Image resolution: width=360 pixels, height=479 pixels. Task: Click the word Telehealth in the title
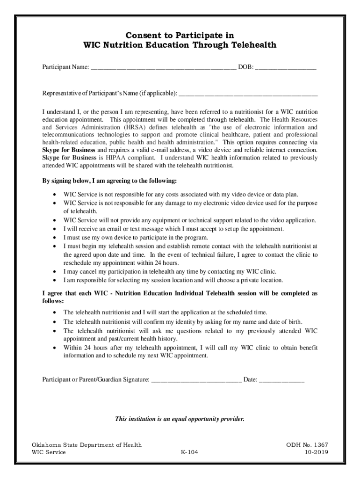(252, 45)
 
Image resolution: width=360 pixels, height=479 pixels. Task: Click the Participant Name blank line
(164, 68)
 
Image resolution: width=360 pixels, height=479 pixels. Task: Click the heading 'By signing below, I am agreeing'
(109, 181)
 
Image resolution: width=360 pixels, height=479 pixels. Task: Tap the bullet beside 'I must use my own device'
(56, 237)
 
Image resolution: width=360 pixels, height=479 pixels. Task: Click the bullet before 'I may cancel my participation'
(56, 271)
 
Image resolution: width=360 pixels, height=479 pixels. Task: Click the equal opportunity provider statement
(180, 419)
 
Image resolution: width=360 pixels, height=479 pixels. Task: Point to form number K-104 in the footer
(189, 452)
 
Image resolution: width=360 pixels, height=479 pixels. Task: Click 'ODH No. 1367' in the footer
(307, 444)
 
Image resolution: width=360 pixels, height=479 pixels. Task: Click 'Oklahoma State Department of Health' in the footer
(86, 444)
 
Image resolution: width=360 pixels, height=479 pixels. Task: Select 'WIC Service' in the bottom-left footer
(49, 452)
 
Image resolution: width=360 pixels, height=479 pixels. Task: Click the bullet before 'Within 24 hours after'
(56, 348)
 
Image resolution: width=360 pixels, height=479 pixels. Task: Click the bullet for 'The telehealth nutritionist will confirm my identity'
(56, 322)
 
